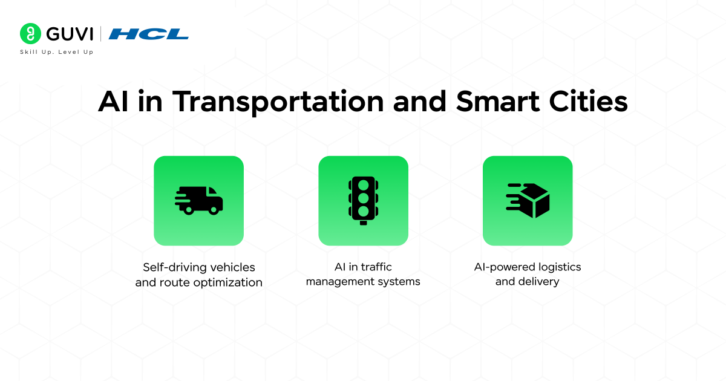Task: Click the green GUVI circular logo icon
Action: coord(30,34)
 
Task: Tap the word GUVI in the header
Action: coord(67,34)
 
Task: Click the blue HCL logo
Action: coord(148,34)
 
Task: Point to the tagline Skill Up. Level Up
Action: coord(56,52)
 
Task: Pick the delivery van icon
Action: coord(199,200)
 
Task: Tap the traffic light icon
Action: coord(363,200)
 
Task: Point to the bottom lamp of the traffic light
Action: coord(363,210)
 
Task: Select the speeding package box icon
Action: coord(528,200)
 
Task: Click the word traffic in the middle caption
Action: coord(376,267)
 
